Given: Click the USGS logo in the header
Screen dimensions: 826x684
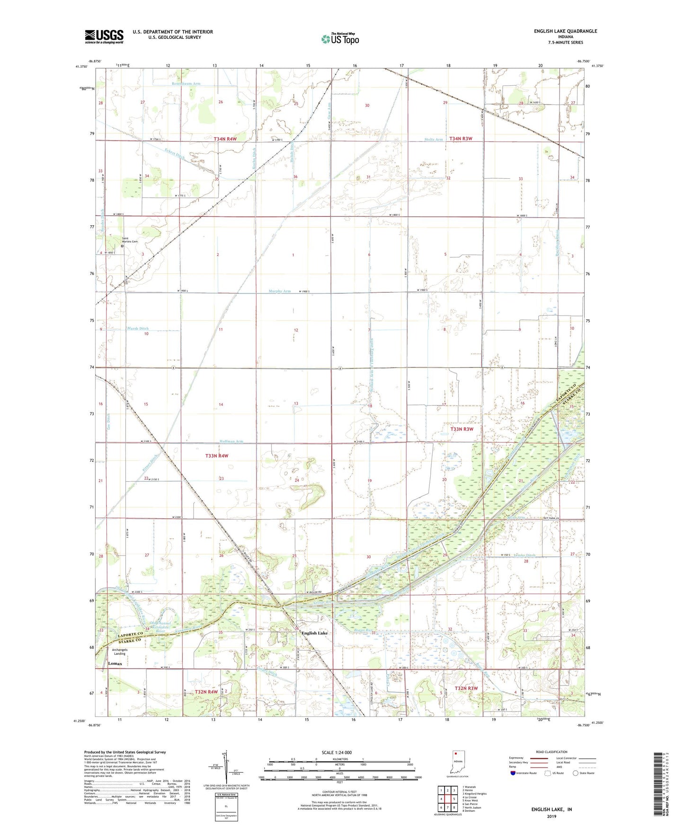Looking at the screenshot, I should [x=104, y=36].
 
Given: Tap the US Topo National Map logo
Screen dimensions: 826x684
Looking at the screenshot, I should [x=339, y=39].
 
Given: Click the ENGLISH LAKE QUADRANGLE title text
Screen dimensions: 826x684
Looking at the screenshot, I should [x=565, y=31].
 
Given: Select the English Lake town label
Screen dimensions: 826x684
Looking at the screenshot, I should [x=314, y=633].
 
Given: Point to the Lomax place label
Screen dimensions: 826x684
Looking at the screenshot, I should [x=115, y=664].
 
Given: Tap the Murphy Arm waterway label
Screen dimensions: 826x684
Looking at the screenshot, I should [x=280, y=291].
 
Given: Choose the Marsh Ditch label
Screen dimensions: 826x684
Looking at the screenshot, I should [x=138, y=328].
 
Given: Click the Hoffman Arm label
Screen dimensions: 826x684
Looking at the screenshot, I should [x=231, y=441].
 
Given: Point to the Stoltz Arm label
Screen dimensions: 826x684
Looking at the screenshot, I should [x=434, y=140].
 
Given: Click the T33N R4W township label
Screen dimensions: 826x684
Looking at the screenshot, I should [x=217, y=456].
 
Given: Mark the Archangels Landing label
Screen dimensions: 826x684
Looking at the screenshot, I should [x=119, y=652].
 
